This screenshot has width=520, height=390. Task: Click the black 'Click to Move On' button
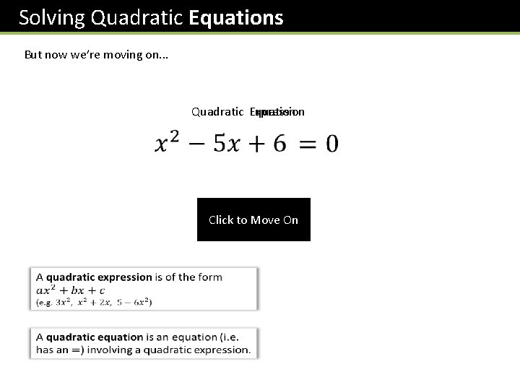pos(253,220)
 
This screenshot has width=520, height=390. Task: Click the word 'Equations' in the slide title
pos(235,17)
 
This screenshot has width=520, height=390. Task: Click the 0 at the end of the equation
pos(331,144)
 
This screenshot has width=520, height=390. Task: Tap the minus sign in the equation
pos(197,144)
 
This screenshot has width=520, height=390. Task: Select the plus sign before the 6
pos(253,144)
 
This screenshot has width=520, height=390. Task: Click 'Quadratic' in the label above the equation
pos(217,111)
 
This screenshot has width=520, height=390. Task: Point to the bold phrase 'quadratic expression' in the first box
pos(99,277)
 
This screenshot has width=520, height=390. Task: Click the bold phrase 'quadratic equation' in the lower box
pos(95,337)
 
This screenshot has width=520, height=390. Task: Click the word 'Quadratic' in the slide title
pos(137,17)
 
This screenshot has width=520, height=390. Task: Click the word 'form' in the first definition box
pos(210,277)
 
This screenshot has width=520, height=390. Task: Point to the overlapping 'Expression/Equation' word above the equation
pos(277,111)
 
